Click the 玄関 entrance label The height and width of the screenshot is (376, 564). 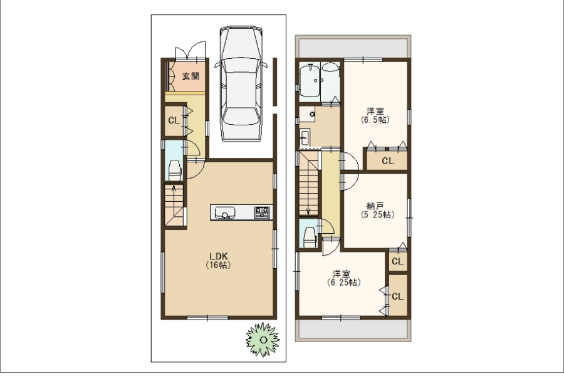tap(191, 76)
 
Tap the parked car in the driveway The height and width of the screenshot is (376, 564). tap(241, 84)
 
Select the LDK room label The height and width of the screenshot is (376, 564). tap(219, 256)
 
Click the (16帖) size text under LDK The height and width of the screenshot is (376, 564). tap(218, 265)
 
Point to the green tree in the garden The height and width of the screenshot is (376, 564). tap(263, 340)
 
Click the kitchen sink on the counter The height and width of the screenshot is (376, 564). tap(225, 212)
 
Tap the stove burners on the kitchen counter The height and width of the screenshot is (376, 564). tap(262, 212)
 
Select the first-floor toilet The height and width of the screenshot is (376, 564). tap(174, 170)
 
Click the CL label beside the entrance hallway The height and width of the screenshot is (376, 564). tap(174, 120)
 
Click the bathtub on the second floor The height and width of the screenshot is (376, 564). tap(310, 80)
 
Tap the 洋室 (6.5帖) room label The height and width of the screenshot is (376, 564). tap(375, 115)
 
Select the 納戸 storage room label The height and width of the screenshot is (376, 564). tap(377, 211)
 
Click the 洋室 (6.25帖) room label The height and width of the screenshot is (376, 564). tap(343, 278)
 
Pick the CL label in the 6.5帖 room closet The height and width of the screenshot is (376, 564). tap(388, 161)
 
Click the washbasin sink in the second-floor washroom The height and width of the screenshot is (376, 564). tap(305, 137)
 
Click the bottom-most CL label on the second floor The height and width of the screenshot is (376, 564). tap(397, 296)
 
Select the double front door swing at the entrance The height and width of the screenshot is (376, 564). tap(191, 50)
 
